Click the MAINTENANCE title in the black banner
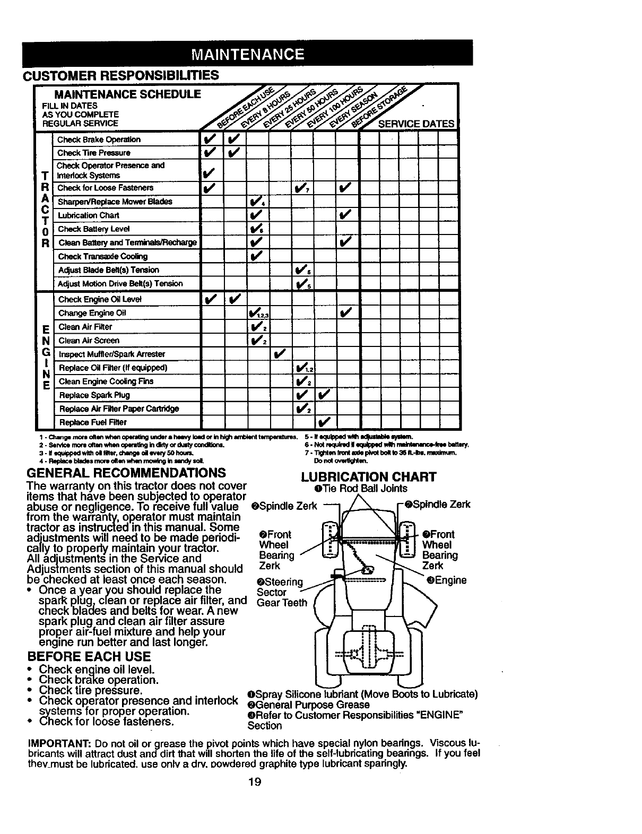(x=247, y=54)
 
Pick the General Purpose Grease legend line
(x=308, y=705)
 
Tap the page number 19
(x=256, y=782)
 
